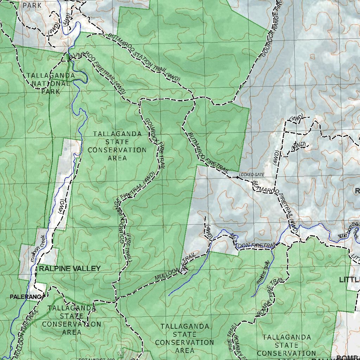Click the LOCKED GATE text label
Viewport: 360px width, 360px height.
251,175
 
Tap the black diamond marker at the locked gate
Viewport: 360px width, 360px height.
238,178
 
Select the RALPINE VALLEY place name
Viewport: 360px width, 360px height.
70,269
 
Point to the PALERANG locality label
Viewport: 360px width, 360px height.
25,297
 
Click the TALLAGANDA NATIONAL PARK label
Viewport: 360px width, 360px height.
51,83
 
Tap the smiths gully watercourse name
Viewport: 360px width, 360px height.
263,272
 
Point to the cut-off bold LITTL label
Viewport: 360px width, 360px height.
349,280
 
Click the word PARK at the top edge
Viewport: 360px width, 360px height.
32,5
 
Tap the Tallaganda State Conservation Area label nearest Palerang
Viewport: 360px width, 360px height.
71,320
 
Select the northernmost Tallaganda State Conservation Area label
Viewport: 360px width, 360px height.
117,146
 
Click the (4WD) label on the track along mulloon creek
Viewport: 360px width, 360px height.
62,206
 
